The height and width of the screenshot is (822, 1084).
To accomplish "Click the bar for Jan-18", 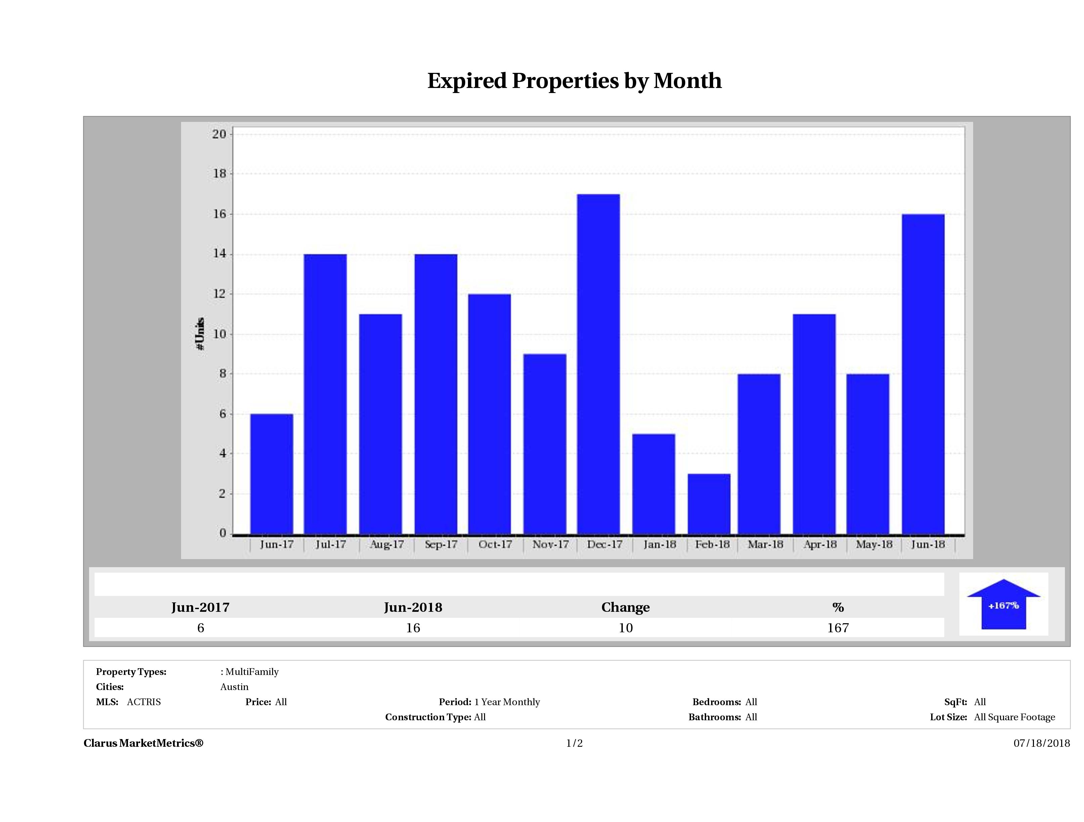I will click(653, 484).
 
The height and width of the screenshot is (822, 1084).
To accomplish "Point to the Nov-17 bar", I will click(545, 444).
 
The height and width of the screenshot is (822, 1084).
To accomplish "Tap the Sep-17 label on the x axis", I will click(441, 544).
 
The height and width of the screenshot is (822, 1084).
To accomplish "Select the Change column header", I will click(625, 607).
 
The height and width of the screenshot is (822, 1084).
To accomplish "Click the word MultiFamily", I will click(252, 672).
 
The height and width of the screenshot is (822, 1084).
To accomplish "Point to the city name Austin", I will click(234, 687).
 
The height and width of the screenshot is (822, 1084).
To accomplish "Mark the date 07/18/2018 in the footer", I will click(1041, 743).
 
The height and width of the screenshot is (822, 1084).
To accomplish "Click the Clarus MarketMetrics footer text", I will click(143, 743).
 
